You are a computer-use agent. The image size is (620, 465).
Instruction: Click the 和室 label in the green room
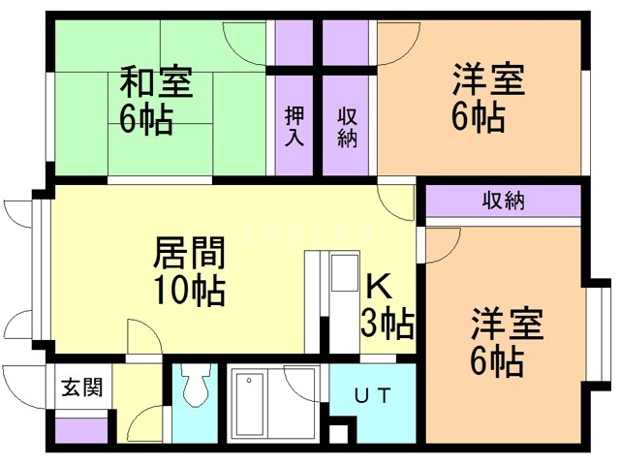156,81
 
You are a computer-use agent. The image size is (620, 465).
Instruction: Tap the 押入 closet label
295,127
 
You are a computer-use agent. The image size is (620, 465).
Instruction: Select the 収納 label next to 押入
347,127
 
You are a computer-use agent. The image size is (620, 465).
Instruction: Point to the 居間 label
190,254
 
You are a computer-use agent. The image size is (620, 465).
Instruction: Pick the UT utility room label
372,395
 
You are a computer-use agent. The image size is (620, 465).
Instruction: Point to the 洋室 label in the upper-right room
488,80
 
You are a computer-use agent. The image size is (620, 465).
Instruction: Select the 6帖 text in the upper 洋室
478,117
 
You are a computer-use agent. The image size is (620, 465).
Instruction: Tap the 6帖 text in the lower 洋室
498,361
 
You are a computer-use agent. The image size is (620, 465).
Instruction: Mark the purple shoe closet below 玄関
79,429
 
